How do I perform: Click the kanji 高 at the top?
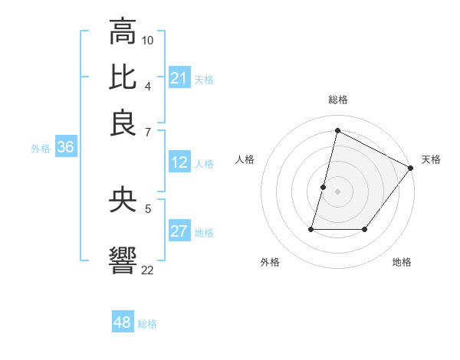[123, 33]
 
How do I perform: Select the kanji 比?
[123, 77]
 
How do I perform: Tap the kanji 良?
[123, 123]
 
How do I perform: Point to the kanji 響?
[123, 260]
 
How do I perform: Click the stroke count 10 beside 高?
[148, 40]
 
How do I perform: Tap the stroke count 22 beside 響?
[147, 270]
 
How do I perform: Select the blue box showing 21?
[179, 78]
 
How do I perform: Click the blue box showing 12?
[179, 162]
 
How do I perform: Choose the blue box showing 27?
[179, 232]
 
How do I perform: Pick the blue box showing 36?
[65, 148]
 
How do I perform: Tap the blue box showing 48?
[123, 322]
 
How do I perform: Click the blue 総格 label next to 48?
[147, 324]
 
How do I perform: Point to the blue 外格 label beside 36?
[41, 149]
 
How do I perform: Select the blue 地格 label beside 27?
[204, 233]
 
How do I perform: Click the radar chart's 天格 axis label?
[431, 159]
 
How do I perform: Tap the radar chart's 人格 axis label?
[245, 159]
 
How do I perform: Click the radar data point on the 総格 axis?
[337, 130]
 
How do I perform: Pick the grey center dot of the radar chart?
[337, 190]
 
